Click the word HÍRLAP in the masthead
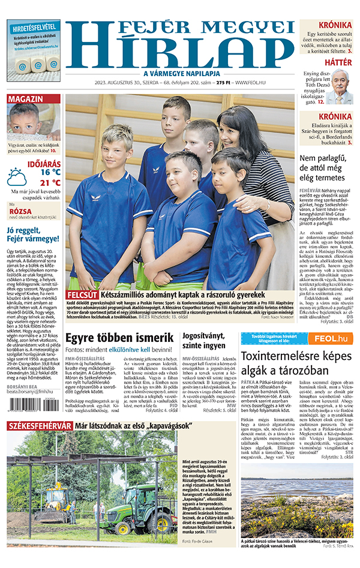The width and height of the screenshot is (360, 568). pos(180,51)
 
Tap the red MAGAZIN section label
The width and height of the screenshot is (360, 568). pos(25,98)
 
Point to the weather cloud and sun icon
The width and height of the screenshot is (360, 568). pos(18,177)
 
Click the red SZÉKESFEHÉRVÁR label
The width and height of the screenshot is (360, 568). pos(40,443)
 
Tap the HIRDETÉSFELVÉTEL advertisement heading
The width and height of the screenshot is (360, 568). pos(34,27)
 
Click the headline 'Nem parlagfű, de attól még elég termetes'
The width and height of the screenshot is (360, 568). pos(326,169)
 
